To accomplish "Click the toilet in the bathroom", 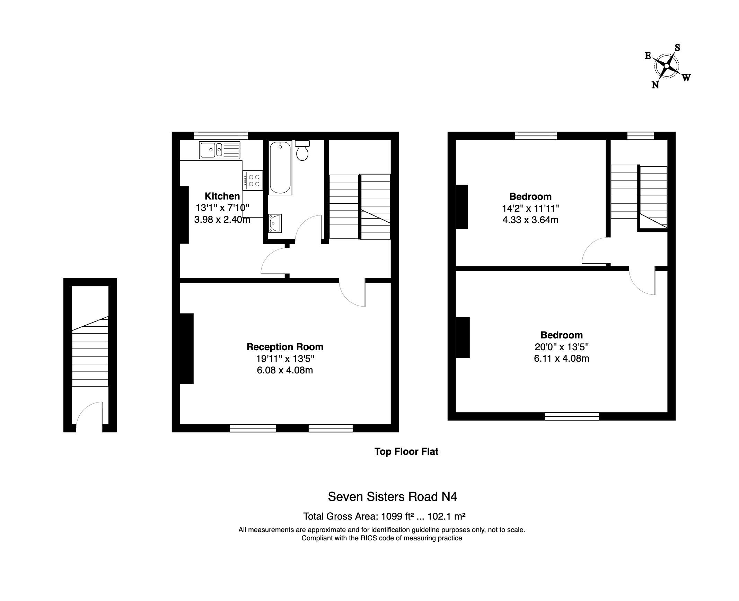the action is tap(302, 150).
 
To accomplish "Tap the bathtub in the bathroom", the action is tap(280, 168).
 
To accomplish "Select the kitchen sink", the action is tap(220, 150).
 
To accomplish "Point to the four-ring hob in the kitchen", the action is tap(253, 180).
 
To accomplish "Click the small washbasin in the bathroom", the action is tap(275, 223).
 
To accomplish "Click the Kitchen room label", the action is tap(222, 196).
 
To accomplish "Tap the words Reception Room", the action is tap(285, 347).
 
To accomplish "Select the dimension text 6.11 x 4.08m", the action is tap(562, 358).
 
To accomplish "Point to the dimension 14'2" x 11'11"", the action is tap(531, 208).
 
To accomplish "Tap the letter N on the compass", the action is tap(655, 85).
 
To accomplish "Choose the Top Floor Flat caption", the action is tap(406, 452).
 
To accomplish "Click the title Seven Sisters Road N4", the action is tap(393, 497).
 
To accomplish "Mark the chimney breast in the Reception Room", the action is tap(187, 349).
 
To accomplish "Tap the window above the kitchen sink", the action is tap(221, 135).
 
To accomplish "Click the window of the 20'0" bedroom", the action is tap(572, 416).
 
